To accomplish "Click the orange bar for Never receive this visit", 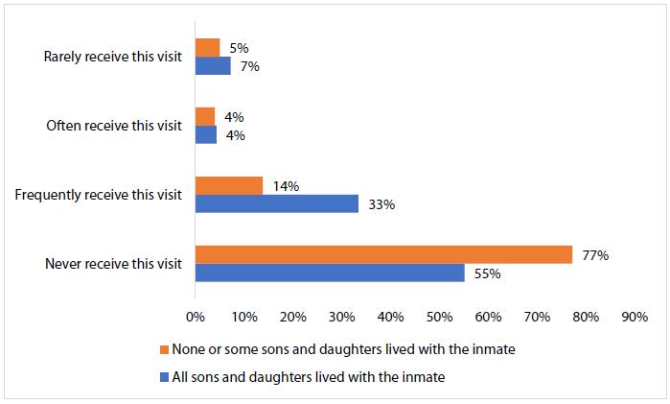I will [x=383, y=254].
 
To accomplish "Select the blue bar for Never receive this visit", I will [x=330, y=273].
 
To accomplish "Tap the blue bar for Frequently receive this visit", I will [x=276, y=203].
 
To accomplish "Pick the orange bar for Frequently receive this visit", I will [x=229, y=185].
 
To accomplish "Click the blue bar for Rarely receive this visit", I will [x=213, y=66].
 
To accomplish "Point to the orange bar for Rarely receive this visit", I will [x=207, y=47].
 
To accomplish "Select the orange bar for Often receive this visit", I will [x=205, y=116].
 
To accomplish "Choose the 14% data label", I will [x=285, y=185].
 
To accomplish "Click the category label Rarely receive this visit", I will [x=112, y=57].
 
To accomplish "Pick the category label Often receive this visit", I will [x=114, y=126].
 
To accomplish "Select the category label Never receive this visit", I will [x=113, y=264].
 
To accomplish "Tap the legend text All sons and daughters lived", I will [x=307, y=377].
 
